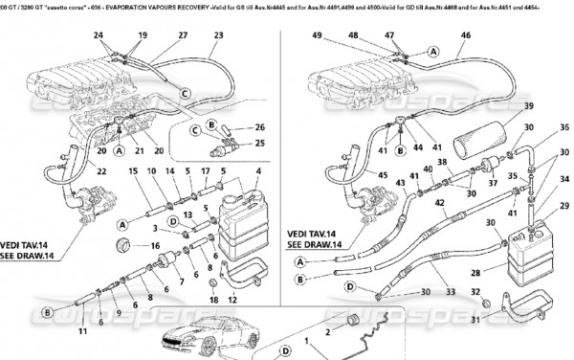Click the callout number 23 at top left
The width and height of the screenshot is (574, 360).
point(218,35)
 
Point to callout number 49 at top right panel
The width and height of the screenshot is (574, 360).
point(317,35)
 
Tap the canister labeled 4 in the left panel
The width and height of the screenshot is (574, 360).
point(247,224)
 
